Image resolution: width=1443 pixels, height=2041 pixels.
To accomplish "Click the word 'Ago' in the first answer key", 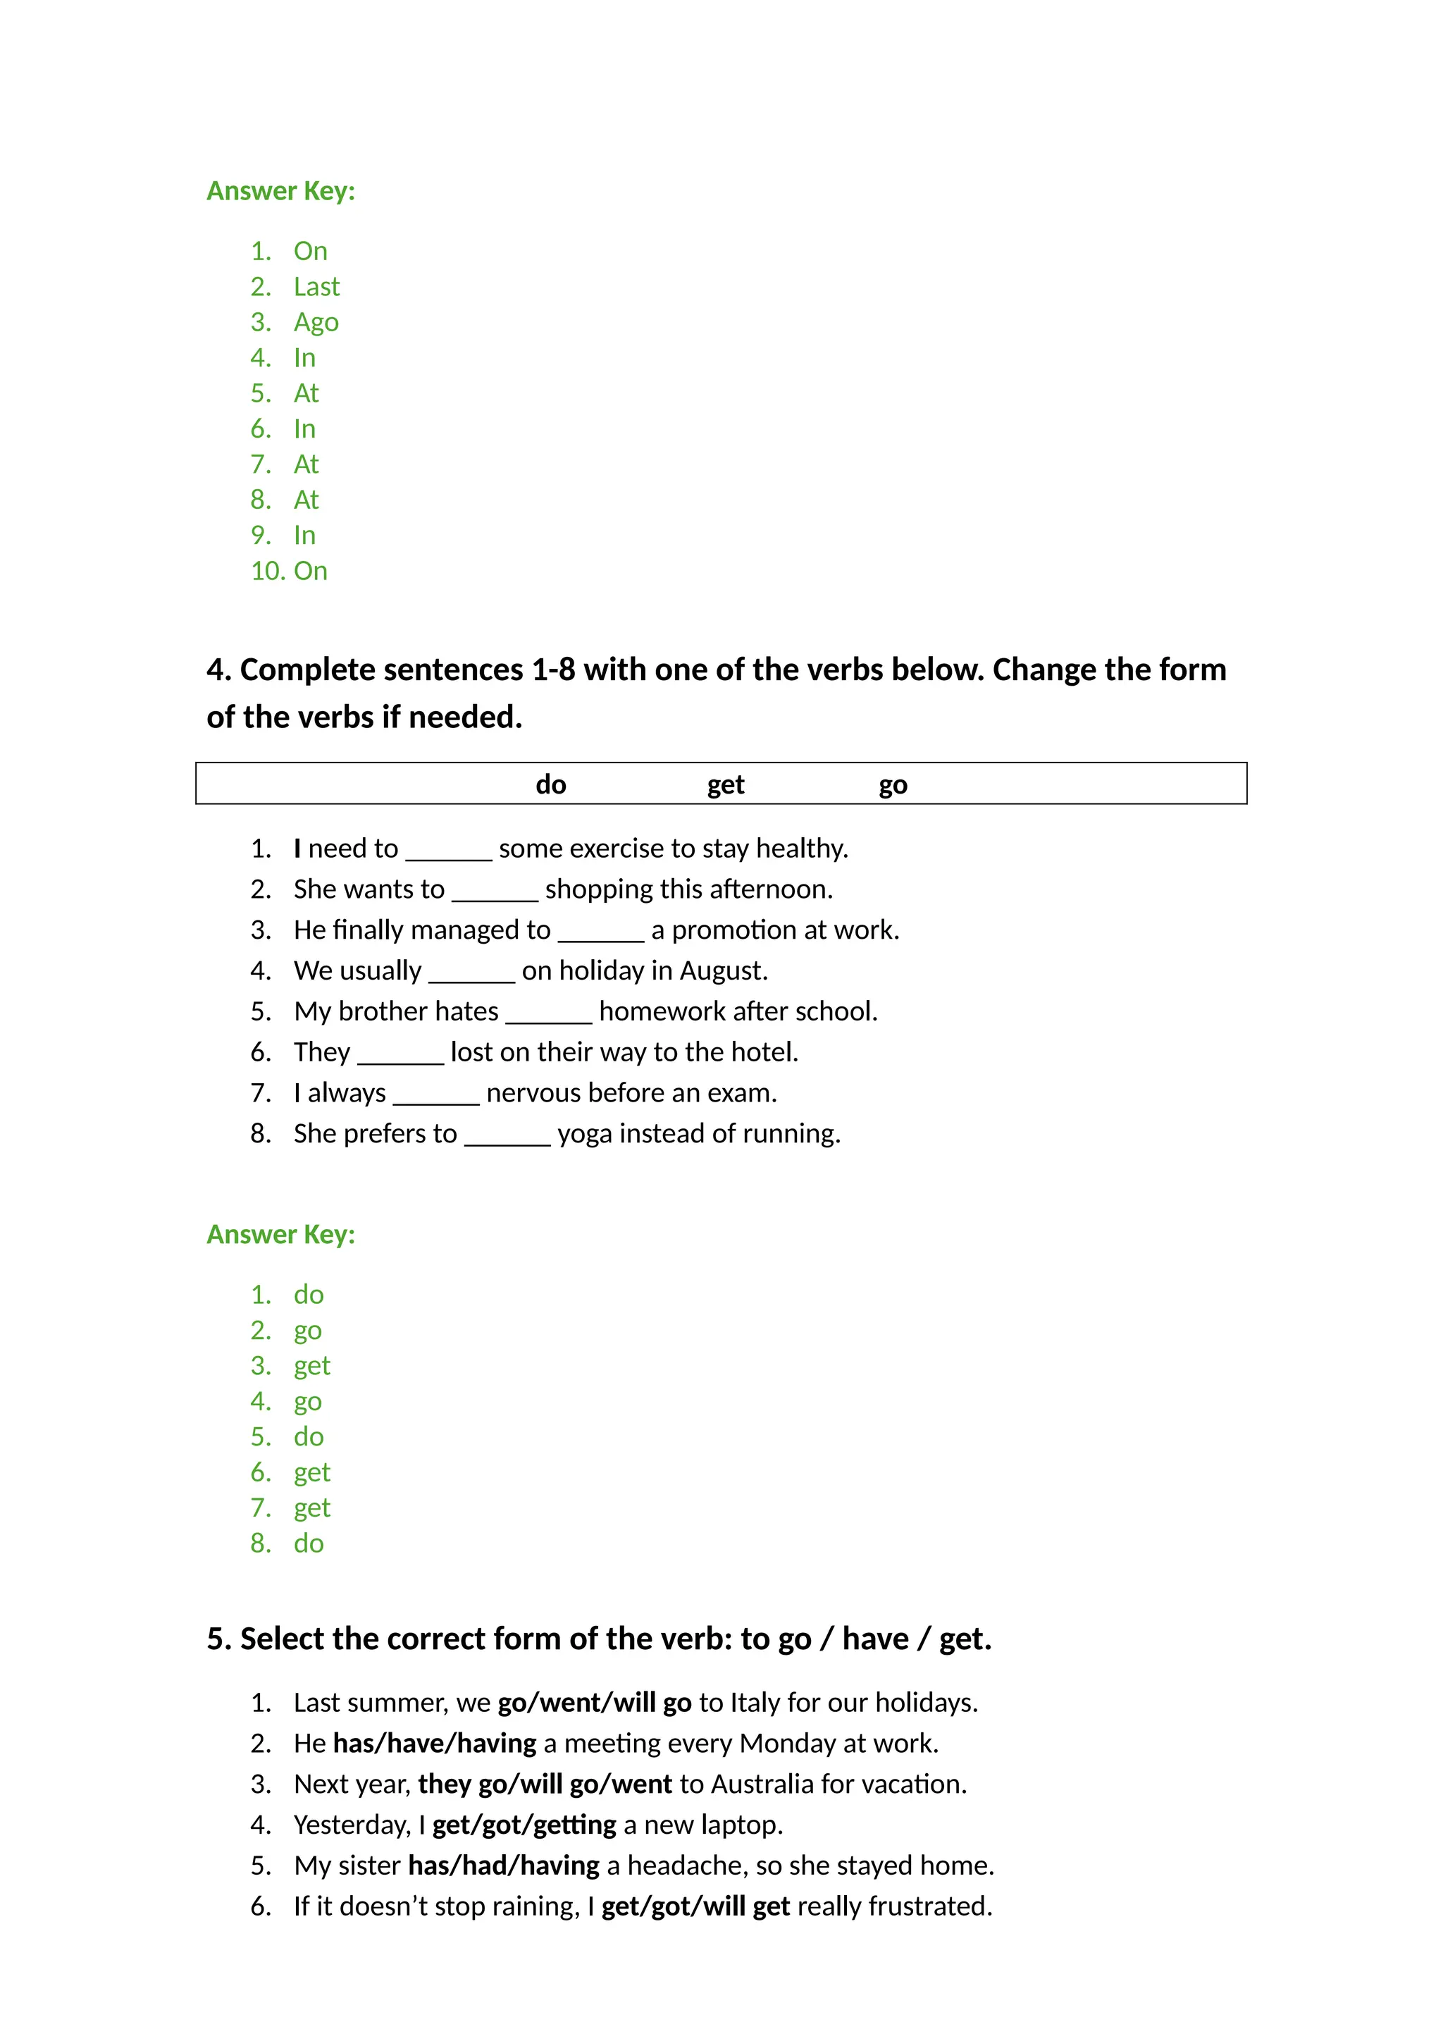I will (316, 323).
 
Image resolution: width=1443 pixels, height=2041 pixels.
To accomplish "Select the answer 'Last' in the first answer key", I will (316, 287).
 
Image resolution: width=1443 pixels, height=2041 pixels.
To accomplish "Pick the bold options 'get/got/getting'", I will (524, 1825).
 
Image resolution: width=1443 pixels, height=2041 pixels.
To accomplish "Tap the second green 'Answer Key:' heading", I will (281, 1235).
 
